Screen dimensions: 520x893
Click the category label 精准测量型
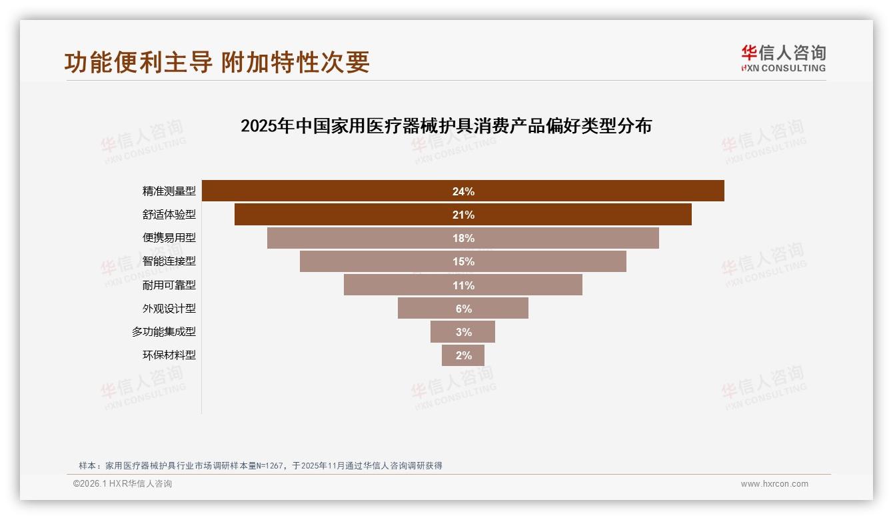[169, 191]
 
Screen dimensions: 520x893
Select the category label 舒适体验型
[169, 215]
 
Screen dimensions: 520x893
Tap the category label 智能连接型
[169, 261]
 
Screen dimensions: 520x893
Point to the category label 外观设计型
[169, 308]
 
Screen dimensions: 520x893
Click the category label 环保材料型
[169, 355]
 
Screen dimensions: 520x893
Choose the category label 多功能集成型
[164, 331]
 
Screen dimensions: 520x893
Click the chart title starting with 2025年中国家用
[446, 126]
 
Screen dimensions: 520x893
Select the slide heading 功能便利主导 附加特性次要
[217, 62]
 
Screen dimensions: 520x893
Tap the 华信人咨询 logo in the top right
[783, 59]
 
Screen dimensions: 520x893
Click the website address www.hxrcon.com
[774, 484]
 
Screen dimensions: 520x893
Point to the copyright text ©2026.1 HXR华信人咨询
[123, 484]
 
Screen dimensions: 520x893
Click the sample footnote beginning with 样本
[261, 466]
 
